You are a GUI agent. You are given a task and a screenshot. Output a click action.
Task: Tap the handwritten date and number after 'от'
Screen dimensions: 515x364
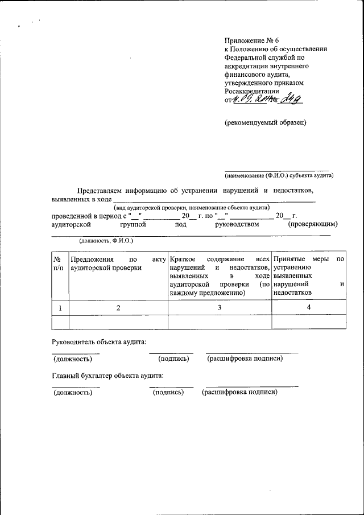coord(267,100)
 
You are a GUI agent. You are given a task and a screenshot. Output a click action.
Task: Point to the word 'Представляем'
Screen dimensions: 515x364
coord(101,190)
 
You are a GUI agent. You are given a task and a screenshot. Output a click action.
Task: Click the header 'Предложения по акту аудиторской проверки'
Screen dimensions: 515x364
coord(118,263)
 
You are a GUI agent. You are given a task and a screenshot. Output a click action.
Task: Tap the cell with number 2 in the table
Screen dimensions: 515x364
coord(118,307)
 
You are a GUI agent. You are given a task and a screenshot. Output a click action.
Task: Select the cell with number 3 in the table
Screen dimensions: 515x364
coord(220,307)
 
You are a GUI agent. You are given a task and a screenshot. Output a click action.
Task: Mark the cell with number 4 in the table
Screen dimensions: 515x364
coord(309,307)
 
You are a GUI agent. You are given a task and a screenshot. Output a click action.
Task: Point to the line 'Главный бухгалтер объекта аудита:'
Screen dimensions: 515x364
coord(108,376)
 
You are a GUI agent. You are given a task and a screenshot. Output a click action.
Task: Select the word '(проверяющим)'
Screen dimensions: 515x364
coord(313,224)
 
